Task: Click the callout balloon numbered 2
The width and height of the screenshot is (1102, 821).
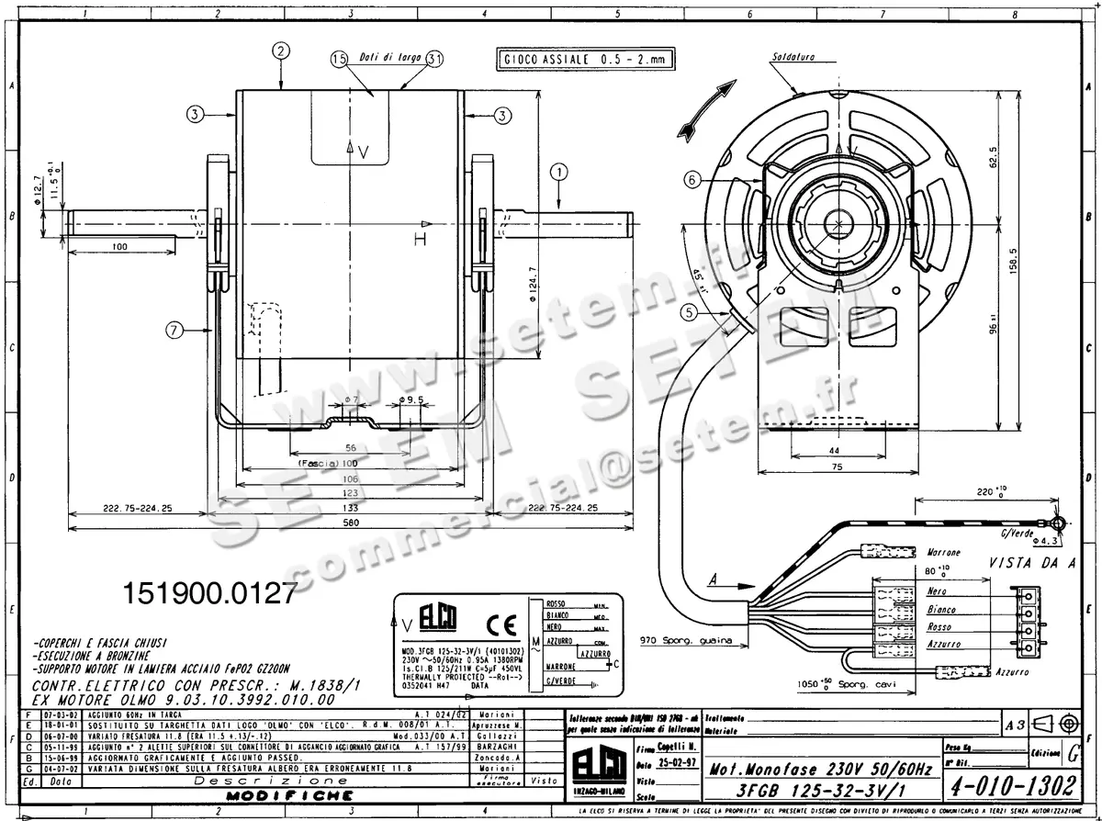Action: click(x=281, y=51)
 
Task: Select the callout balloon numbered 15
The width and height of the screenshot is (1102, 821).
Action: click(x=338, y=59)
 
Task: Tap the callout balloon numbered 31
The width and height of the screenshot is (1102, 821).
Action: click(x=434, y=58)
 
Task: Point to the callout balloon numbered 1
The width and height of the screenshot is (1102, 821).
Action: click(x=560, y=171)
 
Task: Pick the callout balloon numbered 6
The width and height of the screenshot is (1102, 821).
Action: click(x=694, y=180)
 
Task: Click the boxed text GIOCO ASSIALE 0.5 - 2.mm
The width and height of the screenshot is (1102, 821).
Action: click(x=585, y=61)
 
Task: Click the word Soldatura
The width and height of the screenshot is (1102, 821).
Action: click(x=793, y=58)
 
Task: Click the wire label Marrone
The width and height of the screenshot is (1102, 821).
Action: click(x=944, y=553)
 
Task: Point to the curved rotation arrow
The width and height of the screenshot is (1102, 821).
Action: click(x=705, y=108)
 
